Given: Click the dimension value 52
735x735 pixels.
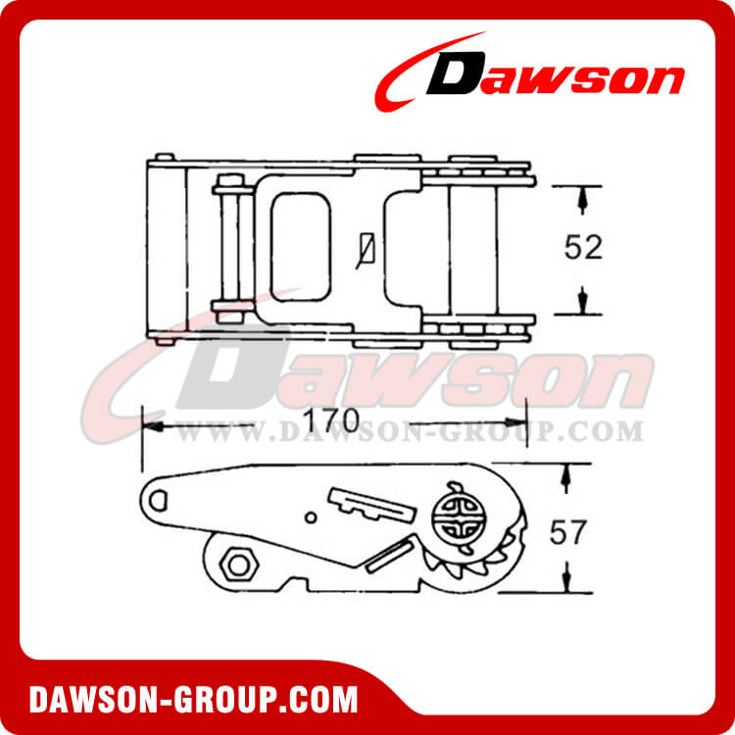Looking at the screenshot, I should click(x=583, y=249).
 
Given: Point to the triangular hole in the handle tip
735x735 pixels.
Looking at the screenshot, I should click(x=162, y=498).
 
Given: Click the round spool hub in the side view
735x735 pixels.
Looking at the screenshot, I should click(x=453, y=514).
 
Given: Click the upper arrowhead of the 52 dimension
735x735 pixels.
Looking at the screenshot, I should click(x=583, y=201).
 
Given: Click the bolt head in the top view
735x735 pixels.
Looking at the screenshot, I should click(x=229, y=182).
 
